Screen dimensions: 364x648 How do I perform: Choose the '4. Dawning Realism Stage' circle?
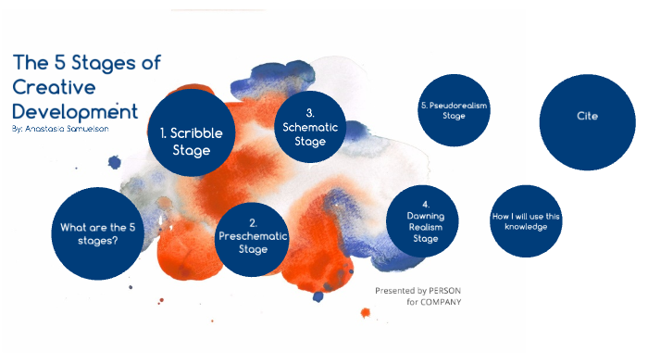pyautogui.click(x=424, y=222)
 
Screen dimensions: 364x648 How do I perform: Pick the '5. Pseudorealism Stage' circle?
pyautogui.click(x=454, y=111)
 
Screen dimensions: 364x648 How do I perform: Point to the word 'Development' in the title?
pyautogui.click(x=75, y=111)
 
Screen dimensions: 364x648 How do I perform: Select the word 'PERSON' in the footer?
pyautogui.click(x=442, y=290)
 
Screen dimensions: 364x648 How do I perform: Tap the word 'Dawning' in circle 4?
pyautogui.click(x=425, y=216)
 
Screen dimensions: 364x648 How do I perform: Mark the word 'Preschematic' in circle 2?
pyautogui.click(x=253, y=236)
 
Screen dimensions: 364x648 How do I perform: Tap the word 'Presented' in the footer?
pyautogui.click(x=393, y=290)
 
